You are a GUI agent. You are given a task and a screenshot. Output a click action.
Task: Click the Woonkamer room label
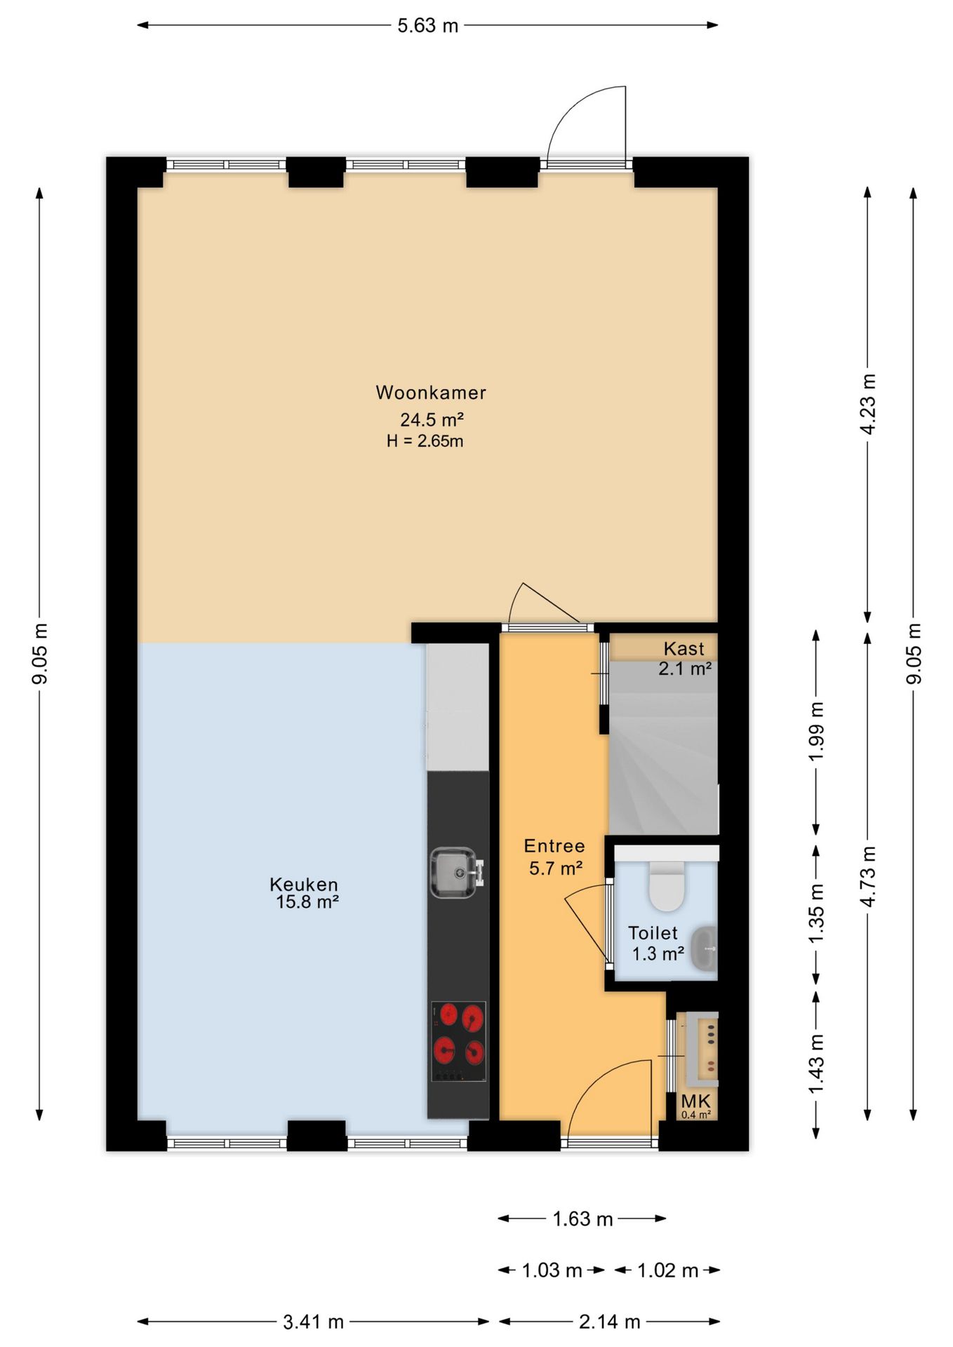(431, 392)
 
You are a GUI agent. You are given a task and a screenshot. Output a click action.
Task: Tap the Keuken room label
(303, 884)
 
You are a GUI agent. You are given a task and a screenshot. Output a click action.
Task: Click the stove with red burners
(458, 1041)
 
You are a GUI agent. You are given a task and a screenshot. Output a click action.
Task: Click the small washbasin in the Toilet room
(705, 949)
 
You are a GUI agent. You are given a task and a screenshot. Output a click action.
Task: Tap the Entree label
(554, 845)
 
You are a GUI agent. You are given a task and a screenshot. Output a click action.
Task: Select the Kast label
(684, 648)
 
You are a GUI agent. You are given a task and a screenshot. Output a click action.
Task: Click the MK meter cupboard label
(695, 1101)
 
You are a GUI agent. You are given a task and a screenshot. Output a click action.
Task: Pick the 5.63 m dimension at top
(427, 26)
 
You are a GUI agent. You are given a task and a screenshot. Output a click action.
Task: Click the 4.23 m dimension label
(868, 404)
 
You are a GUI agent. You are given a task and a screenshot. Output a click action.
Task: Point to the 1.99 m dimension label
(815, 731)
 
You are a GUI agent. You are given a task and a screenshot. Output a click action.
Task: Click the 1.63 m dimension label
(582, 1219)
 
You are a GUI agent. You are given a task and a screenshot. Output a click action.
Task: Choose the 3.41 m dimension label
(313, 1322)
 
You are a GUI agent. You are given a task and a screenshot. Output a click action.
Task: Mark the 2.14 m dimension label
(609, 1322)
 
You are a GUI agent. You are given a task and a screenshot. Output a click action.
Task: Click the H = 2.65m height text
(425, 441)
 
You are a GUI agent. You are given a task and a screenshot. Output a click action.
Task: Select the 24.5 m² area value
(432, 420)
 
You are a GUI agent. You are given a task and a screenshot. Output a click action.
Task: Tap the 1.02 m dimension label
(667, 1271)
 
